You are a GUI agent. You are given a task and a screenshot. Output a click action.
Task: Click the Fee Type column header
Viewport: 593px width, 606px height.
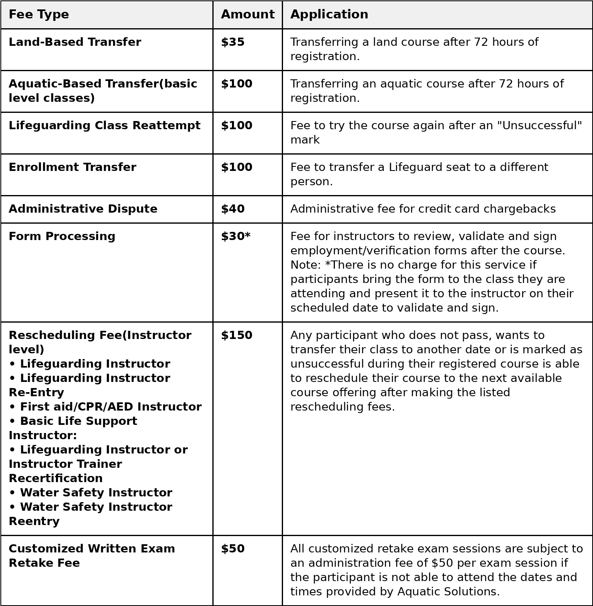pyautogui.click(x=39, y=15)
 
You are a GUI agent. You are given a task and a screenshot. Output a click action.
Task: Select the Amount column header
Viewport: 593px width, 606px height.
pyautogui.click(x=247, y=15)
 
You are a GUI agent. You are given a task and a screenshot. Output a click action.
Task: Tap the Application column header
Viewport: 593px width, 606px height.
pyautogui.click(x=329, y=15)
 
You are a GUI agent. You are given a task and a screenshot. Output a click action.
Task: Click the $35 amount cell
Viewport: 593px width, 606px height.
pyautogui.click(x=233, y=43)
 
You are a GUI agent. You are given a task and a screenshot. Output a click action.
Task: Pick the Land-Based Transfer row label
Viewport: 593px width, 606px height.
pyautogui.click(x=75, y=43)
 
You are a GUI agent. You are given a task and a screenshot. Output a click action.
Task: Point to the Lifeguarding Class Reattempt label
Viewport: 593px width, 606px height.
pyautogui.click(x=105, y=126)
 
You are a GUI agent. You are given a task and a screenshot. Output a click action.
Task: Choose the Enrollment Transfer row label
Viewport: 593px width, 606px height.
pyautogui.click(x=72, y=168)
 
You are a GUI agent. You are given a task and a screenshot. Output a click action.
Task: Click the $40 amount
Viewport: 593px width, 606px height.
pyautogui.click(x=233, y=209)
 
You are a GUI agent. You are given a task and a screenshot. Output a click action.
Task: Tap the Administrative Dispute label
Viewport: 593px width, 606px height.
pyautogui.click(x=83, y=209)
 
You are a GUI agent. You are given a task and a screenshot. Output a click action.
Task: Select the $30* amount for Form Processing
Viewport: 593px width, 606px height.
pyautogui.click(x=236, y=237)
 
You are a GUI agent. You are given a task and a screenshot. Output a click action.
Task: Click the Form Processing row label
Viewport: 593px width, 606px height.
pyautogui.click(x=62, y=237)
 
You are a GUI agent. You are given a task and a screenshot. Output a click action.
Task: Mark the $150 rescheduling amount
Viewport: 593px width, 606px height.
pyautogui.click(x=236, y=336)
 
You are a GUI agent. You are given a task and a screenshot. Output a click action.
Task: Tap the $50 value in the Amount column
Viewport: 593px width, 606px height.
pyautogui.click(x=233, y=549)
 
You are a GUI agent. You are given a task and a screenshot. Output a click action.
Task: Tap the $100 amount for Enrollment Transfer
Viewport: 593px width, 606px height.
pyautogui.click(x=236, y=168)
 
